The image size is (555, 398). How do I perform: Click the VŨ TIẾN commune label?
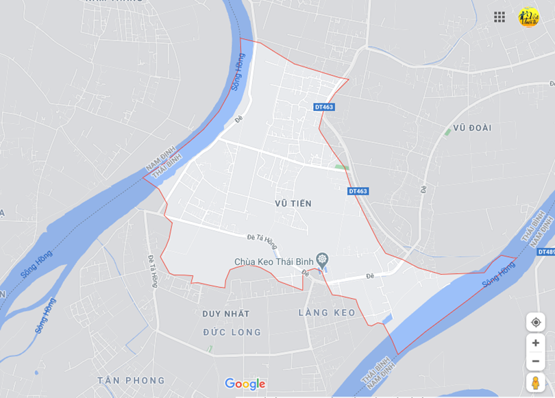(293, 203)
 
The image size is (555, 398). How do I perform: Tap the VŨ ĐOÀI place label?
(472, 127)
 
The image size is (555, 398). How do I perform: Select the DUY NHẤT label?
(226, 313)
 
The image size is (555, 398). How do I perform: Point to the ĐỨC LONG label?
(232, 332)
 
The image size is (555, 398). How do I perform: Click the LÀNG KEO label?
(327, 312)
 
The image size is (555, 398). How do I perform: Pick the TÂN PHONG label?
(131, 380)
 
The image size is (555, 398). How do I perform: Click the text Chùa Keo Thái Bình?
(273, 261)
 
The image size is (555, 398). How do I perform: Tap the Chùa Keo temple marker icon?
(322, 260)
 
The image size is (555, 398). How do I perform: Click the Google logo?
(245, 384)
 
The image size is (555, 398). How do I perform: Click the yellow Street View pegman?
(535, 382)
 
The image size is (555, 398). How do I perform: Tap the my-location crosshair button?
(535, 322)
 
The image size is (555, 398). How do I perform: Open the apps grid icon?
(500, 16)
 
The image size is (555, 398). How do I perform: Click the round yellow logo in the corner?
(529, 16)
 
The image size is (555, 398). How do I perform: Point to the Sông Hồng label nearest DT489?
(498, 274)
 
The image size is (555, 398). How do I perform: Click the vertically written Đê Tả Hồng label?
(153, 271)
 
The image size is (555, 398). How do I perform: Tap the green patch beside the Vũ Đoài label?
(447, 130)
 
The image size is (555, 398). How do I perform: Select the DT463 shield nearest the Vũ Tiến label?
(358, 191)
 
